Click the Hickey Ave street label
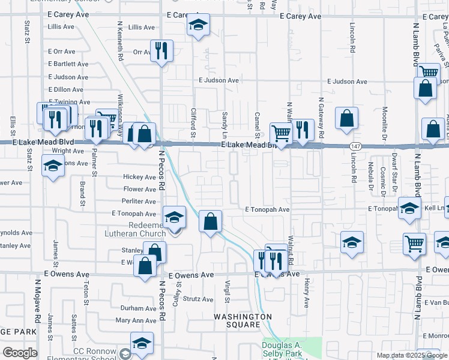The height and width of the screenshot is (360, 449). coord(139,177)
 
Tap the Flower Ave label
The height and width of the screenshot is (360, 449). coord(139,189)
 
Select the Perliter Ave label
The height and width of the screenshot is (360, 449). coord(138,201)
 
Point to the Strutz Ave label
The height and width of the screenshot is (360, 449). coord(198,299)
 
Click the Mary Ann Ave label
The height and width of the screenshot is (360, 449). coord(136,321)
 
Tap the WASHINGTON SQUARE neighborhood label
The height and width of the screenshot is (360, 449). coord(244,320)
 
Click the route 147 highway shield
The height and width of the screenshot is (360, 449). coord(355,146)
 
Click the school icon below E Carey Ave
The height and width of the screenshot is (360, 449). coord(198,25)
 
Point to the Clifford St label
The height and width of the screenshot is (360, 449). coord(193,122)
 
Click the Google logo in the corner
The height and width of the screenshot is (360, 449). coord(20,353)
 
